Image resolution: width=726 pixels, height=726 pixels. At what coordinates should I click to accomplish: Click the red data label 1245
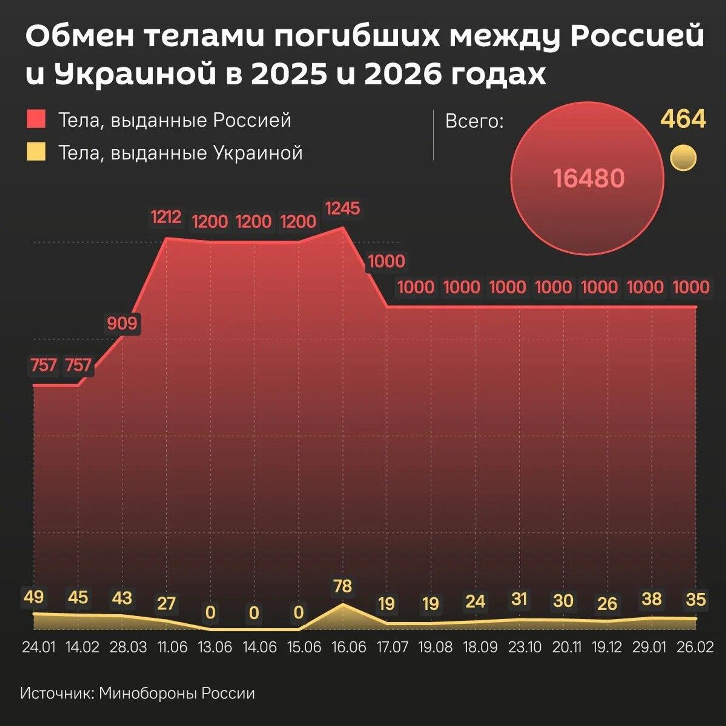click(x=343, y=208)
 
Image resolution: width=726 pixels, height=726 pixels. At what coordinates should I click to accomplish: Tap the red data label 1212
click(x=166, y=217)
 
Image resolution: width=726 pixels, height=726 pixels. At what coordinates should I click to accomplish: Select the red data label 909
click(x=122, y=324)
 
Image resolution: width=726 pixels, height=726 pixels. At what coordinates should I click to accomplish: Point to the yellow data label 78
click(x=343, y=586)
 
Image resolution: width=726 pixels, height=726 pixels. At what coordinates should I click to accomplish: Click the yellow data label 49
click(x=34, y=597)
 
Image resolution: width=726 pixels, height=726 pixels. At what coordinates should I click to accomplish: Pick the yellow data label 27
click(x=166, y=603)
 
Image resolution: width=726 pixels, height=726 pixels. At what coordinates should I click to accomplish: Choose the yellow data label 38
click(x=652, y=599)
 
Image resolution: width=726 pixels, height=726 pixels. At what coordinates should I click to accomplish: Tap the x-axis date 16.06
click(x=349, y=647)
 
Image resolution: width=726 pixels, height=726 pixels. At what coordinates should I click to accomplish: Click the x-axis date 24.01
click(x=39, y=647)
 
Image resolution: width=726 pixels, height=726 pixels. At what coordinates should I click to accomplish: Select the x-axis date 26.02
click(x=695, y=647)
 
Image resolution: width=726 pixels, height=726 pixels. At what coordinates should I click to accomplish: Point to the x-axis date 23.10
click(x=524, y=647)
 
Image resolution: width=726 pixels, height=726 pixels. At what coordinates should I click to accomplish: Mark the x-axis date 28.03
click(x=128, y=647)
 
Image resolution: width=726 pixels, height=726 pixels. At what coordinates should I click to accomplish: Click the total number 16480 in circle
click(x=588, y=178)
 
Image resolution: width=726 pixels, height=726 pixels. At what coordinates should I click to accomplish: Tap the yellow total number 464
click(x=683, y=119)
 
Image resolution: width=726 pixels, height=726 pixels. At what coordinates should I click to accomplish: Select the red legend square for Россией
click(x=36, y=119)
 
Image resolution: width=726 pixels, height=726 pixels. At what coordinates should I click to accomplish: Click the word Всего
click(x=474, y=121)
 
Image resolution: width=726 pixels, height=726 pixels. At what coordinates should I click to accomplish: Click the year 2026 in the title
click(x=403, y=74)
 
